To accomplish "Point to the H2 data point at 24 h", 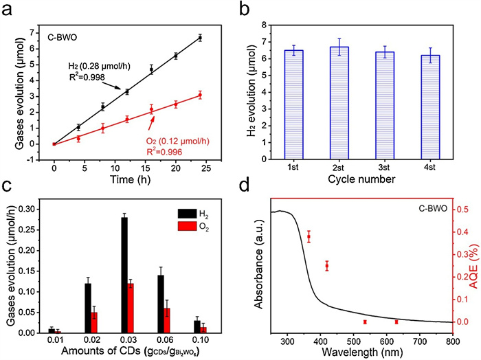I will [199, 38].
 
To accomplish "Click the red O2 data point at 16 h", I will [151, 109].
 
